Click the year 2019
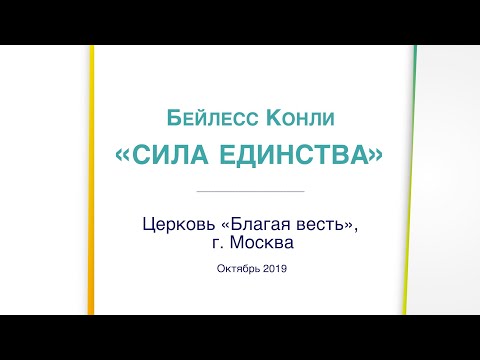tap(272, 268)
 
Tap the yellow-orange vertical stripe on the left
tap(91, 200)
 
